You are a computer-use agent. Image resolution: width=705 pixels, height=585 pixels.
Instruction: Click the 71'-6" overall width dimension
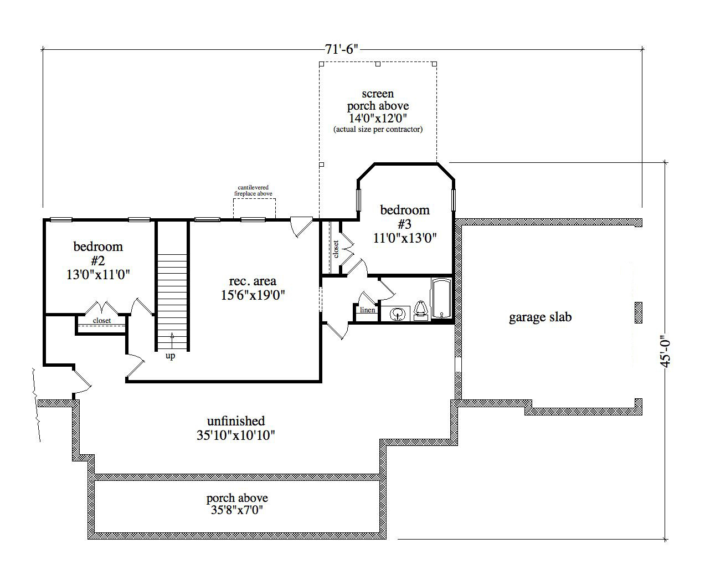[342, 49]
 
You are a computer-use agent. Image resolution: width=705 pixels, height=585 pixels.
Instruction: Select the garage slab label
[540, 317]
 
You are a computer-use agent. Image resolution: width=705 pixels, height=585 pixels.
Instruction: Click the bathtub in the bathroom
[441, 299]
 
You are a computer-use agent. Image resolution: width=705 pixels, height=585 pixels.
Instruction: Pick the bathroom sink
[397, 314]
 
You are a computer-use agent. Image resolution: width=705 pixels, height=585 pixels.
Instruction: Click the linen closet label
[368, 310]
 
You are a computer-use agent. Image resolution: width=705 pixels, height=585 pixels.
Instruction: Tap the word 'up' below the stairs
[171, 356]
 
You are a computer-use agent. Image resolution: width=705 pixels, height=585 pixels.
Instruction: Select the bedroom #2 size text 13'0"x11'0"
[99, 274]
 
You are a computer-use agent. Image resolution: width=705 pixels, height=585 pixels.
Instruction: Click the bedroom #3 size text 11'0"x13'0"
[405, 238]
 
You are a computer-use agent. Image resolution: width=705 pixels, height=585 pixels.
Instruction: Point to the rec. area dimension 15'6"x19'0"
[253, 295]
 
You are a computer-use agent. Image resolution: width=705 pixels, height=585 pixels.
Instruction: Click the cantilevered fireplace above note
[253, 191]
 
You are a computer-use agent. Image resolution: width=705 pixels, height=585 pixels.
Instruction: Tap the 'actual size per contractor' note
[378, 129]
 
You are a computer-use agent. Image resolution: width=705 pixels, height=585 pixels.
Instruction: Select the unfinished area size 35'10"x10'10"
[236, 435]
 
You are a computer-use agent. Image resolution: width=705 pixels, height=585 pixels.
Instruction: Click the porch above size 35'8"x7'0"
[237, 510]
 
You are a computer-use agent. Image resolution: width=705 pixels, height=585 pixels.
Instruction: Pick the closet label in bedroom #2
[102, 321]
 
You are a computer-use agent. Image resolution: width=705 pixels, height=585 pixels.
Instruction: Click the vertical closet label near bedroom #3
[336, 249]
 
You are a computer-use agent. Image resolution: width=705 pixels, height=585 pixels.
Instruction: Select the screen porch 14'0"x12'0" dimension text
[378, 117]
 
